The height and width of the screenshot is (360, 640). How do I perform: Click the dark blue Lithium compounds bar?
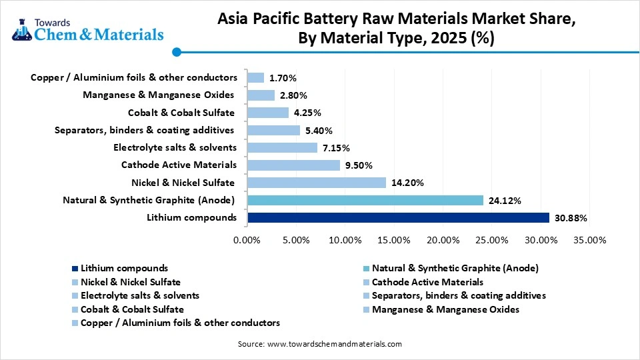(x=398, y=217)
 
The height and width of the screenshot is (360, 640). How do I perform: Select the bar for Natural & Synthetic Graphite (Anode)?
(x=365, y=200)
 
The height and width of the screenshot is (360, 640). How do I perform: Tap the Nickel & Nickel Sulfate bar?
(x=316, y=182)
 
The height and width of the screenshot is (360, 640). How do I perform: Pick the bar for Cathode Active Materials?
(x=293, y=165)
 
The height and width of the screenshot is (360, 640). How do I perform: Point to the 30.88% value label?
(x=571, y=218)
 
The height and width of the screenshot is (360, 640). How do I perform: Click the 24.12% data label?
(x=505, y=200)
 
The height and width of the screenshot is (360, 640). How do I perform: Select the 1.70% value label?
(x=283, y=78)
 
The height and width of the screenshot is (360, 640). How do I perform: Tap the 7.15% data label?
(x=336, y=147)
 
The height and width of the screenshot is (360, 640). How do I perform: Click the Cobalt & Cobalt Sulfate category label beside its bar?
(x=181, y=113)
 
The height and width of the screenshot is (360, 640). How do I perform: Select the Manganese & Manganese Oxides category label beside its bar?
(x=159, y=95)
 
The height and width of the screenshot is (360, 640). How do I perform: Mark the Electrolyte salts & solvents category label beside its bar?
(x=175, y=147)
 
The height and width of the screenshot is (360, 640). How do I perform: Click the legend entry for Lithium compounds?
(x=124, y=268)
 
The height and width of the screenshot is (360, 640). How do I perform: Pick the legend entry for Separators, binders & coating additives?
(x=459, y=295)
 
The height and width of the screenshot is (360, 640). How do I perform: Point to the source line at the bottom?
(x=320, y=344)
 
